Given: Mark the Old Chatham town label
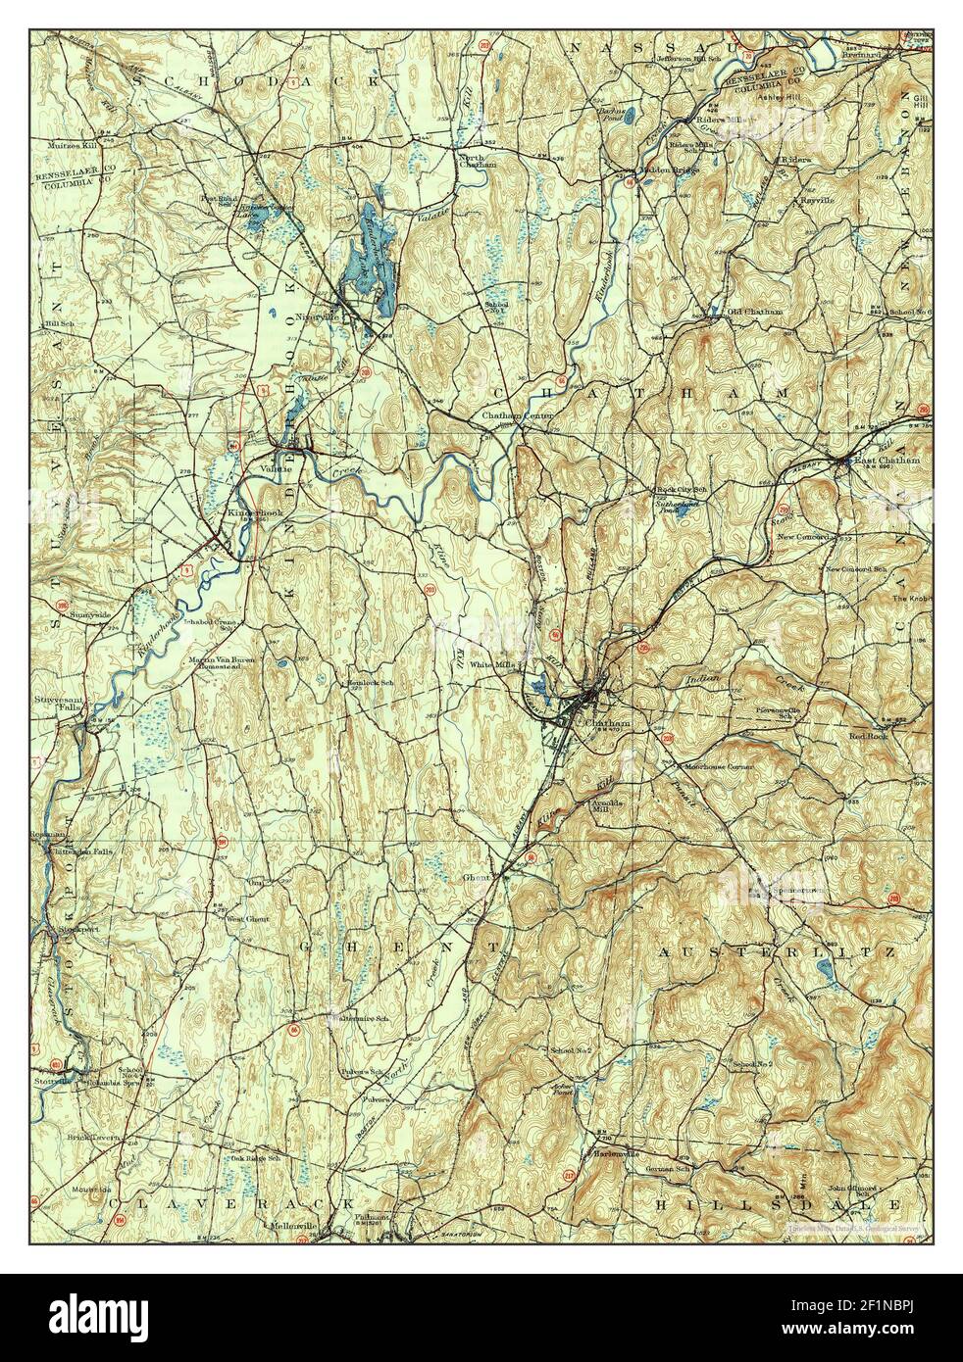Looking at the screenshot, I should pyautogui.click(x=754, y=312).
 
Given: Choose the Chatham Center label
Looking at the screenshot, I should pyautogui.click(x=517, y=415).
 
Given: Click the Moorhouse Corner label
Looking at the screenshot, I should pyautogui.click(x=719, y=766).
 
